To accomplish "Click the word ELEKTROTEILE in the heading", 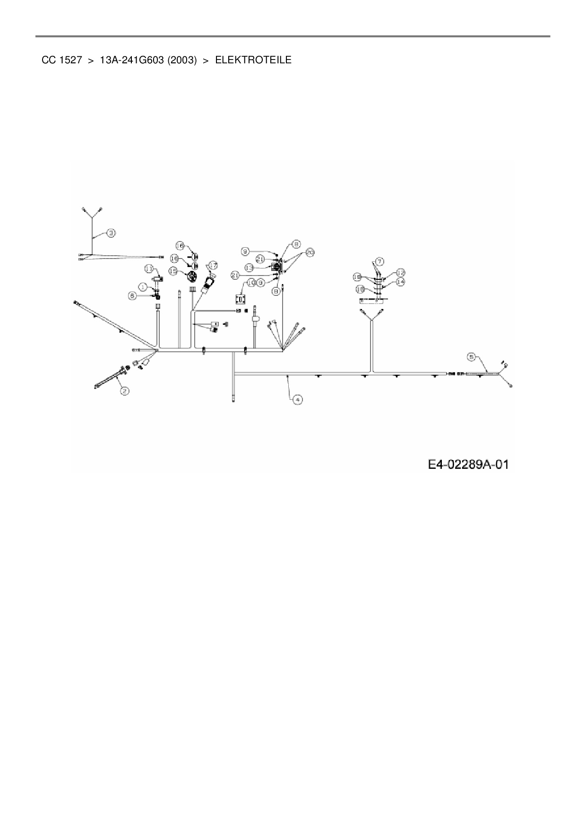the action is pyautogui.click(x=253, y=60).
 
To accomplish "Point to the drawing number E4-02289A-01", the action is pyautogui.click(x=468, y=465).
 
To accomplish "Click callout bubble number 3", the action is pyautogui.click(x=111, y=233).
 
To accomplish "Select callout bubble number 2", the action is pyautogui.click(x=124, y=390).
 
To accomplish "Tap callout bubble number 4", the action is pyautogui.click(x=297, y=399).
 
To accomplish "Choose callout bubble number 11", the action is pyautogui.click(x=149, y=268).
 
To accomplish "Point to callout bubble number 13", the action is pyautogui.click(x=250, y=267).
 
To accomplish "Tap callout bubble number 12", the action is pyautogui.click(x=400, y=273).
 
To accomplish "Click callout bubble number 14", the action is pyautogui.click(x=400, y=281).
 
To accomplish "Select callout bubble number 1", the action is pyautogui.click(x=143, y=286).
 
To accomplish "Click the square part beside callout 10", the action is pyautogui.click(x=241, y=299).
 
